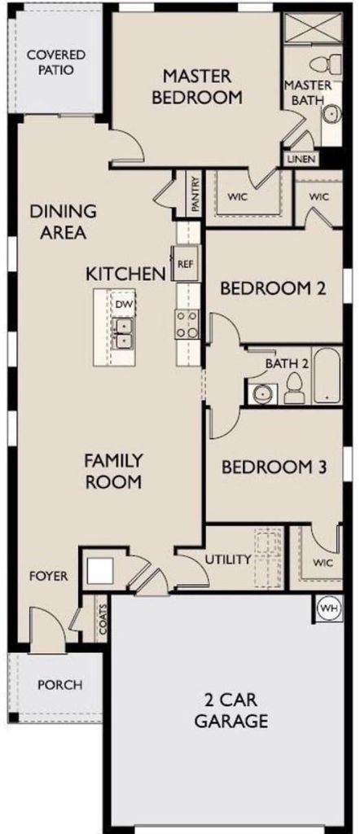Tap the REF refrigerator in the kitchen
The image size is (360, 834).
tap(186, 263)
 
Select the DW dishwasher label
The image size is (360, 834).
tap(124, 305)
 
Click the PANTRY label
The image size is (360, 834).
tap(195, 195)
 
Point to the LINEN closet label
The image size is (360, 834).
tap(302, 159)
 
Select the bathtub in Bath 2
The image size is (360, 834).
tap(327, 375)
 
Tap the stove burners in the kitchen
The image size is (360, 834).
tap(188, 324)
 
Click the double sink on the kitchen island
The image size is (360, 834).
tap(123, 333)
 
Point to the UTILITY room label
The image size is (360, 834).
tap(228, 560)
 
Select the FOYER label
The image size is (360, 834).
tap(48, 576)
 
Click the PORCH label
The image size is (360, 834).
tap(59, 684)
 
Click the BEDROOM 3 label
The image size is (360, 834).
tap(274, 467)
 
